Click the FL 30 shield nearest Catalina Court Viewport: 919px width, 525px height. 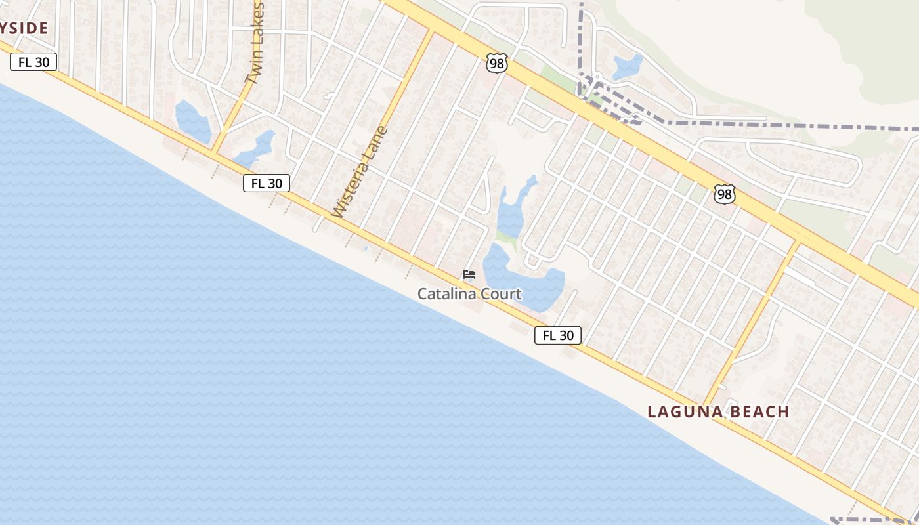point(558,335)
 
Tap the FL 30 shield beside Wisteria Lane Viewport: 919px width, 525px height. point(267,183)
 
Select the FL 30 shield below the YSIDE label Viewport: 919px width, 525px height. point(33,62)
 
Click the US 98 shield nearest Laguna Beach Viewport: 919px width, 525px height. point(724,194)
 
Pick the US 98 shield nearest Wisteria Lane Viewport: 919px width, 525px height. point(497,63)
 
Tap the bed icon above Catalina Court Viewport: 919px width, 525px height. point(469,274)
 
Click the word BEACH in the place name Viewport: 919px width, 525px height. point(757,412)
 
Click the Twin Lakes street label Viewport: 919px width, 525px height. point(255,43)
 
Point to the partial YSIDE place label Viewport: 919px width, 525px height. point(24,28)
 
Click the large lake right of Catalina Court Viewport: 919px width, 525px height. point(525,282)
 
